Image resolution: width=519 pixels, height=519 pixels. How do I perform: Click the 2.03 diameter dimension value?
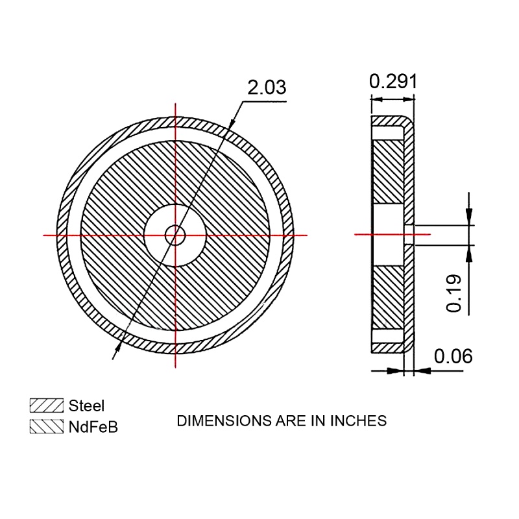(x=267, y=88)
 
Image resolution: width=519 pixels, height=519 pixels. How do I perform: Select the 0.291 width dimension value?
(x=393, y=81)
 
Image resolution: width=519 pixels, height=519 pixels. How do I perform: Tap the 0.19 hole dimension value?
(x=453, y=293)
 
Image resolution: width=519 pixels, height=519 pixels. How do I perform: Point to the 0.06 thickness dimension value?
(x=453, y=356)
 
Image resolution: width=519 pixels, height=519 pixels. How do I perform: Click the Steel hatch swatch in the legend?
(x=46, y=405)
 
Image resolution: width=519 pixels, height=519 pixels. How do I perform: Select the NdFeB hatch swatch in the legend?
(x=46, y=426)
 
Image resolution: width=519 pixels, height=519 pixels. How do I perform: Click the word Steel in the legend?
(x=86, y=406)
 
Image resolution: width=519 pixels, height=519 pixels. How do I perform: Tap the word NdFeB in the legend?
(x=93, y=427)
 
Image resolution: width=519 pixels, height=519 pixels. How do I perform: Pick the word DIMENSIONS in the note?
(x=224, y=420)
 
